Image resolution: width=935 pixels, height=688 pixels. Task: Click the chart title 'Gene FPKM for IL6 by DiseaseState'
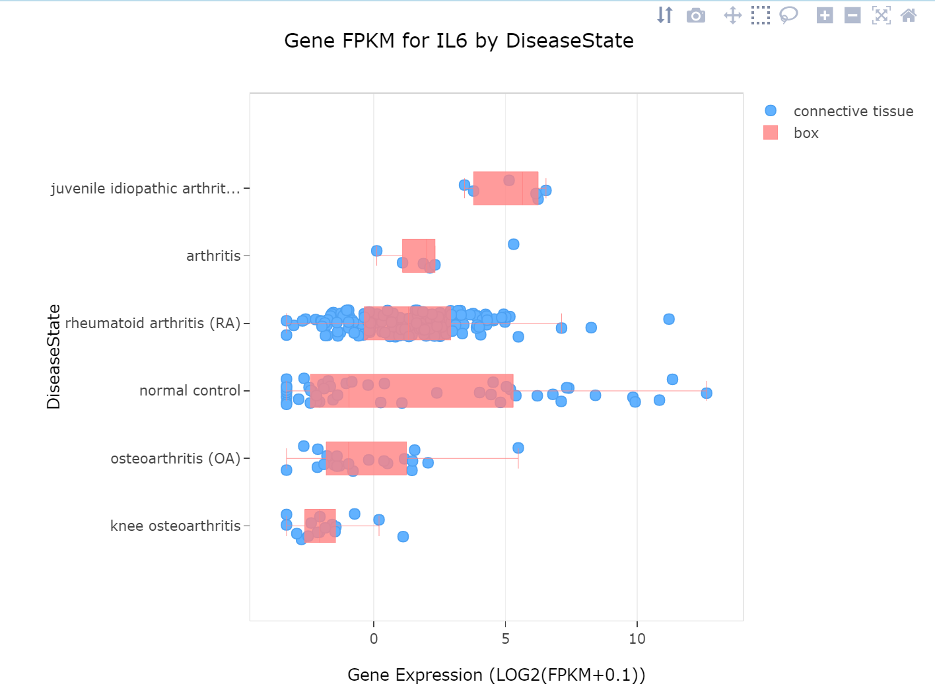458,41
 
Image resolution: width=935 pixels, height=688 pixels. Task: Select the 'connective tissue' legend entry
852,111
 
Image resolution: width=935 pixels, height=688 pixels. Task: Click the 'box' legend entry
806,133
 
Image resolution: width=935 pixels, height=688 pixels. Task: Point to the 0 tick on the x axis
374,638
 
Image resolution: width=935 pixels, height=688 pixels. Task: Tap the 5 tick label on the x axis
505,638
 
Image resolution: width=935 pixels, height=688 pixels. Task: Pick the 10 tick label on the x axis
637,638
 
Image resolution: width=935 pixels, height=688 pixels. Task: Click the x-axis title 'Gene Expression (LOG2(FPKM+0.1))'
496,675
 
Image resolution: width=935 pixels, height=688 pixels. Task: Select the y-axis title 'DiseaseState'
53,357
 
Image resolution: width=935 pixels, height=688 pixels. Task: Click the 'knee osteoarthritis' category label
175,526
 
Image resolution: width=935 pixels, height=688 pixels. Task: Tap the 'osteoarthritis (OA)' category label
175,458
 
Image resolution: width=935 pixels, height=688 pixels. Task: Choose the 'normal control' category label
190,391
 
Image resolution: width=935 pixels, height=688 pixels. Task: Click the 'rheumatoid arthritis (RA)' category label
153,323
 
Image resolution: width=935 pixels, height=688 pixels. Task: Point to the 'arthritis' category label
213,256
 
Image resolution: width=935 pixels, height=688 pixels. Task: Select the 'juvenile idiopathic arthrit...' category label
145,188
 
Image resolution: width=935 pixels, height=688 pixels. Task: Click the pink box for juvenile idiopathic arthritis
505,189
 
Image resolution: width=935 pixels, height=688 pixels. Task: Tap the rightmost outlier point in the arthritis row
513,244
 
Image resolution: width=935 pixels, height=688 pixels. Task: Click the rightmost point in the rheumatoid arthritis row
668,319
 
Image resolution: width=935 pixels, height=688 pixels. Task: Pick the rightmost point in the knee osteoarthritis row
403,536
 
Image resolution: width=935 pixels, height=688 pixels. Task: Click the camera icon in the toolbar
695,15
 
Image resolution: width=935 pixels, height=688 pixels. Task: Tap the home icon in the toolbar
909,15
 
